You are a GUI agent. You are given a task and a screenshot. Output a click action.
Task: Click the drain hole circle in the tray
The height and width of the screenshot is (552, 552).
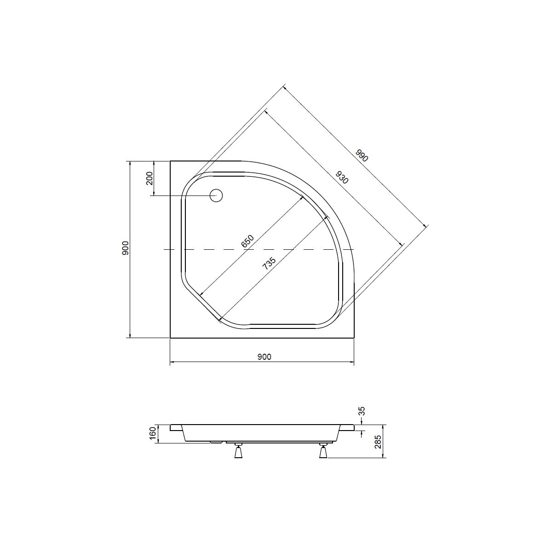(x=216, y=195)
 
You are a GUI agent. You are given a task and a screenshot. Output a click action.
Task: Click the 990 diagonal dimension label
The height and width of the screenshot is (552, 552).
(x=362, y=155)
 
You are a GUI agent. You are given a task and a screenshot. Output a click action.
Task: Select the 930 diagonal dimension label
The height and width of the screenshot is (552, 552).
(x=342, y=177)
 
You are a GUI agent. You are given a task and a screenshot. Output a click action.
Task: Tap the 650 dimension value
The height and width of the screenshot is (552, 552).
(x=247, y=241)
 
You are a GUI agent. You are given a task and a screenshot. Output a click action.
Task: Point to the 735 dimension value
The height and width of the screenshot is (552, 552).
(x=269, y=263)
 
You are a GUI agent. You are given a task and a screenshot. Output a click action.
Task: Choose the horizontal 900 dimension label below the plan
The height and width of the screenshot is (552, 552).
(x=264, y=356)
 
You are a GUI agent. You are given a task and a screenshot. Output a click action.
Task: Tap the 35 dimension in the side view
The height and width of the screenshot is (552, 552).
(x=362, y=411)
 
